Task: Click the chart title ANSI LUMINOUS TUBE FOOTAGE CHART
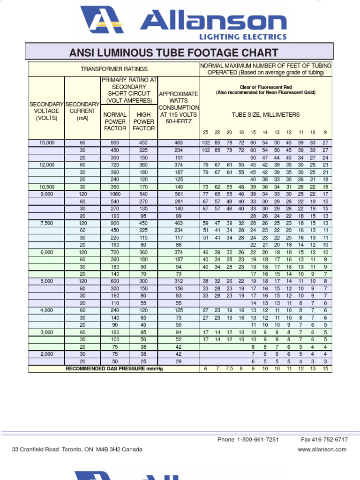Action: click(173, 53)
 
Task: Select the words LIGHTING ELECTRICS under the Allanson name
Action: click(243, 37)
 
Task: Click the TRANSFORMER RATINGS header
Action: click(114, 69)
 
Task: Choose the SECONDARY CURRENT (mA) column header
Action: click(82, 111)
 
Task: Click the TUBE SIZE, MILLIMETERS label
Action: click(265, 115)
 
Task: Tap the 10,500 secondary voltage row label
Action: click(46, 187)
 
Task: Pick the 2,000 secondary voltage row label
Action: click(46, 354)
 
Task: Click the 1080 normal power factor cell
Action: click(115, 194)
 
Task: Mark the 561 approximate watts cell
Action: click(178, 194)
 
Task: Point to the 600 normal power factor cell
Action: click(115, 281)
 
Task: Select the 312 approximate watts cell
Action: click(178, 281)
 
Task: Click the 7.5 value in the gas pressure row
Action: click(229, 369)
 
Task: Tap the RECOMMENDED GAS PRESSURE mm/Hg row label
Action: click(114, 369)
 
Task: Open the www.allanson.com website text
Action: click(322, 450)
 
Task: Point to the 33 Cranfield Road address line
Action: click(77, 450)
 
